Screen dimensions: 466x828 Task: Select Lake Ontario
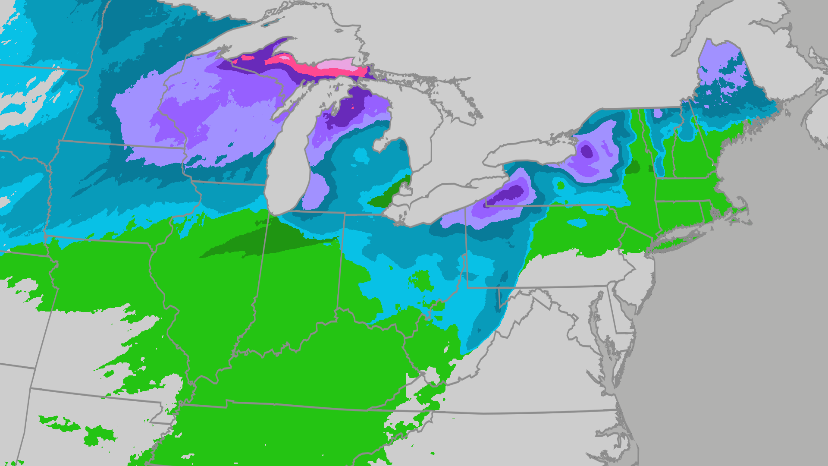click(x=530, y=151)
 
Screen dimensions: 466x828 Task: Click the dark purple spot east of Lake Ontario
click(x=586, y=151)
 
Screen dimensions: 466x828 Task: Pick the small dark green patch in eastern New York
click(x=633, y=167)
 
